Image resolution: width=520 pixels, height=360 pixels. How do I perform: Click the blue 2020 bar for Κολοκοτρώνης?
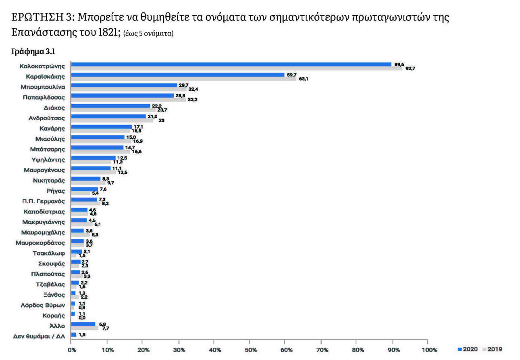click(231, 64)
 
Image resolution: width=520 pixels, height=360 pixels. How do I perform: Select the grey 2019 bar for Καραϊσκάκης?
click(183, 79)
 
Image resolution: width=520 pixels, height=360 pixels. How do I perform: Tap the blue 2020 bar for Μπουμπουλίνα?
click(124, 85)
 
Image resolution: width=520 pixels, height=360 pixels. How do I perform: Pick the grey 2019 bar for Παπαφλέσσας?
click(128, 100)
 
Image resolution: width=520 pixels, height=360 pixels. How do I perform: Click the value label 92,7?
click(410, 69)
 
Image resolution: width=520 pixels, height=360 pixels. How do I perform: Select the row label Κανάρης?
click(53, 128)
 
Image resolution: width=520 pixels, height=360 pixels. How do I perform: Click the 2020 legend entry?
click(469, 349)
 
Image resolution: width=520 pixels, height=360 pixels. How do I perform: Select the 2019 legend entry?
click(493, 349)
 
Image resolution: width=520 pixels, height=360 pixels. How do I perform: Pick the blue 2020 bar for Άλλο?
click(83, 324)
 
